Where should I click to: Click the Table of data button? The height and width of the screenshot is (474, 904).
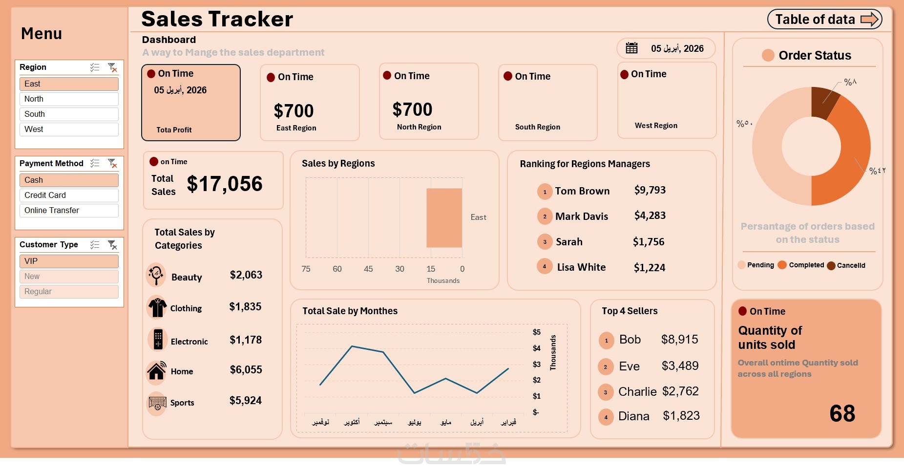coord(824,20)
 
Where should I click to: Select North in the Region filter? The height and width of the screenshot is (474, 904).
coord(69,99)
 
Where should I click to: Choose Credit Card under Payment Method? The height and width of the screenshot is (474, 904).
coord(69,195)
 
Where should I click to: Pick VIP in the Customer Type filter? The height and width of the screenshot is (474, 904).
coord(69,261)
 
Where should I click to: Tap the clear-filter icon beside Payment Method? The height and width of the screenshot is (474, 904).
coord(112,163)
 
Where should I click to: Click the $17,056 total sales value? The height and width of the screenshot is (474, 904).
coord(225,184)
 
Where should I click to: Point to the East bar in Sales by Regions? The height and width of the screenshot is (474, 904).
coord(444,218)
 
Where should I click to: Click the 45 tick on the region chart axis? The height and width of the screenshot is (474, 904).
coord(368,269)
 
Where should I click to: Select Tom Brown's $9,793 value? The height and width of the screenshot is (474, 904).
coord(650,190)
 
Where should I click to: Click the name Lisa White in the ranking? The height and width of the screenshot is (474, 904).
coord(581,267)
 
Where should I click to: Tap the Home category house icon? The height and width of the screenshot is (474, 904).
coord(157,371)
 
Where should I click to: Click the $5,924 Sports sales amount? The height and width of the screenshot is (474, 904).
coord(246,401)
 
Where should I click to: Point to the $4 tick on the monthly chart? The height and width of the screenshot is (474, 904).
coord(536,348)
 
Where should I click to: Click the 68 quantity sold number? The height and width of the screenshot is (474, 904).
coord(842,414)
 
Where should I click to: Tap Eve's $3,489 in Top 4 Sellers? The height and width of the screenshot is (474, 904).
coord(680,366)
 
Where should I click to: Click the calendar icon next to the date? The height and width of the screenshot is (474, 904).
coord(631,48)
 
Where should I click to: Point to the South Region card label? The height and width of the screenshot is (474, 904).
coord(537,127)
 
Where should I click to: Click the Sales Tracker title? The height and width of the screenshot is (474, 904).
coord(217,20)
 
